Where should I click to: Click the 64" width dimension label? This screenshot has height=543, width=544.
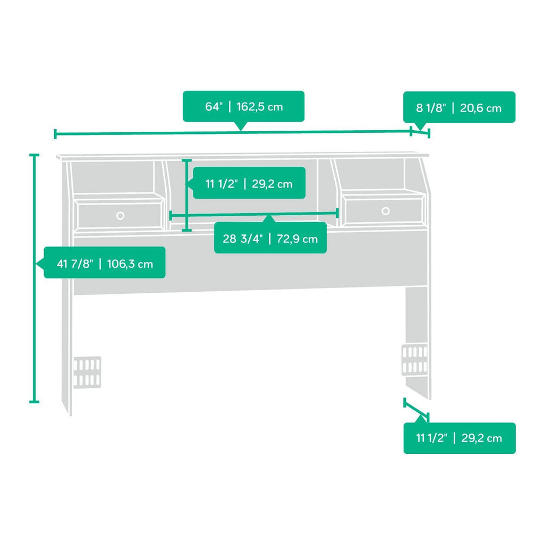pyautogui.click(x=243, y=106)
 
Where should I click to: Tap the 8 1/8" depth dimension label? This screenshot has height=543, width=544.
pyautogui.click(x=459, y=107)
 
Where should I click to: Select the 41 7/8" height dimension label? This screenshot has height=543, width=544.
pyautogui.click(x=105, y=264)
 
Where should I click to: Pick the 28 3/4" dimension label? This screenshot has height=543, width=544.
pyautogui.click(x=270, y=239)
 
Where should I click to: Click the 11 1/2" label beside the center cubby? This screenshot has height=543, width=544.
pyautogui.click(x=249, y=183)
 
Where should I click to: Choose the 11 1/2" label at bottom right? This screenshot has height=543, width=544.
pyautogui.click(x=460, y=438)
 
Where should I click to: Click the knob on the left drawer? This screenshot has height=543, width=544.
pyautogui.click(x=120, y=216)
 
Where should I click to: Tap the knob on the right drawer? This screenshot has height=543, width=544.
pyautogui.click(x=386, y=210)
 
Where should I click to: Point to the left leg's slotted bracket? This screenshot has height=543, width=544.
pyautogui.click(x=87, y=372)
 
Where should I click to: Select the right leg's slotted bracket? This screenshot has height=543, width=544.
pyautogui.click(x=414, y=360)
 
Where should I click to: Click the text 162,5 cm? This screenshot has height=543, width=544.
pyautogui.click(x=259, y=106)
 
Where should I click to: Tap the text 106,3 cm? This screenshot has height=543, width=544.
pyautogui.click(x=130, y=264)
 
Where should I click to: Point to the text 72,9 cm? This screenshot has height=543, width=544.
pyautogui.click(x=297, y=239)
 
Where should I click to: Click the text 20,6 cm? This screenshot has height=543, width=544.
pyautogui.click(x=480, y=108)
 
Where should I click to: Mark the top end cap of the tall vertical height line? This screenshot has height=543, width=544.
pyautogui.click(x=34, y=155)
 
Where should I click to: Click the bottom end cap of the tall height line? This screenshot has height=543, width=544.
pyautogui.click(x=34, y=402)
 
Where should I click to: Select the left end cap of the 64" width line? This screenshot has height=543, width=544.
pyautogui.click(x=55, y=133)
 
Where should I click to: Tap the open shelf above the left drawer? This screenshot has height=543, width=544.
pyautogui.click(x=113, y=177)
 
